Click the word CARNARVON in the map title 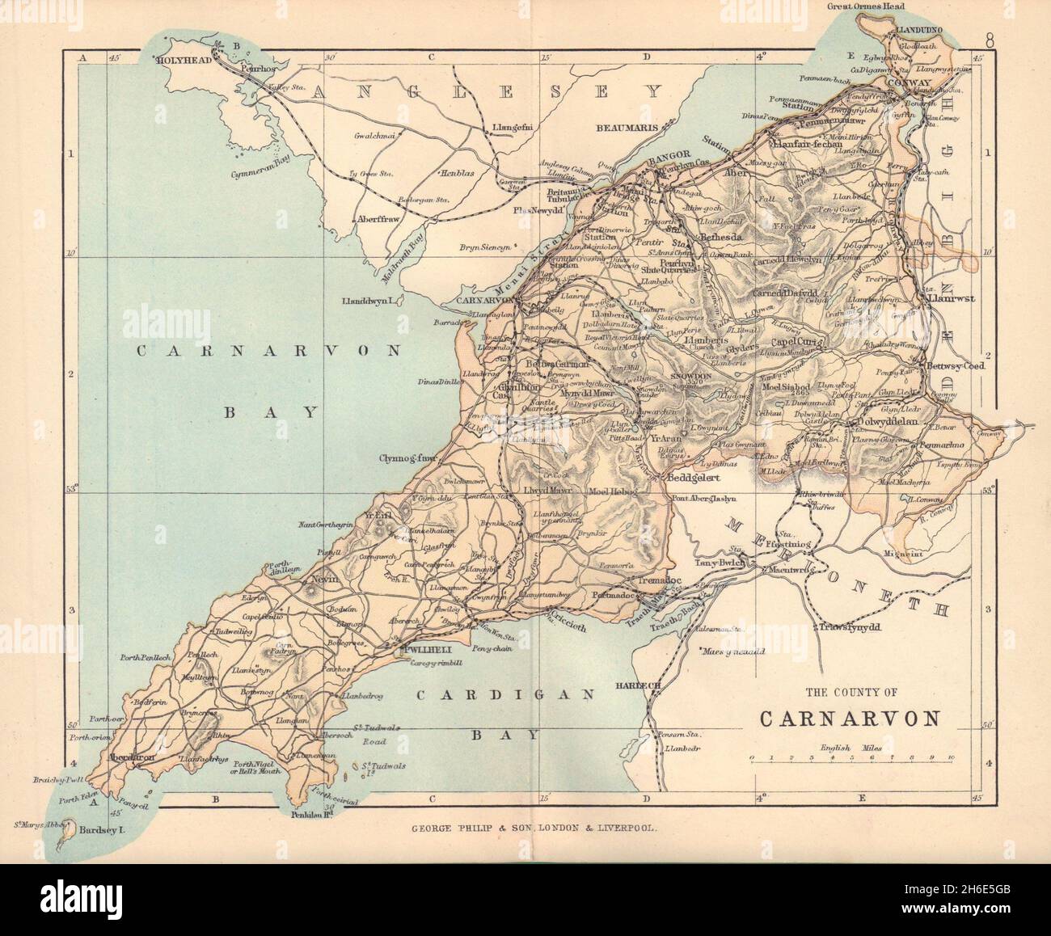click(850, 719)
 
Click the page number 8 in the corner click(990, 38)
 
